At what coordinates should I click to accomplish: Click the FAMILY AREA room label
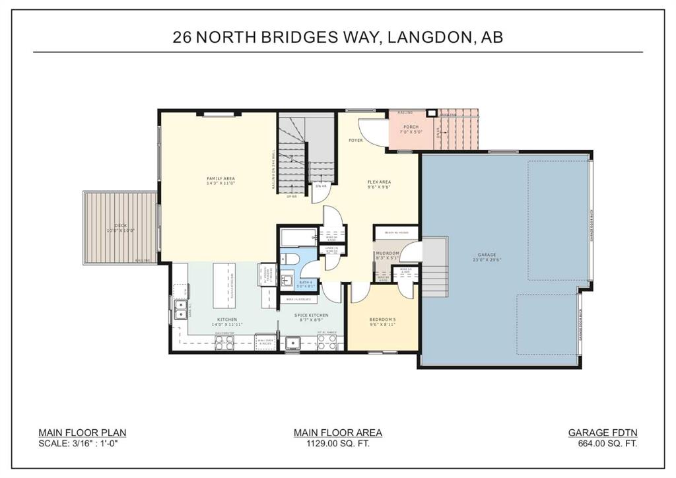click(x=220, y=179)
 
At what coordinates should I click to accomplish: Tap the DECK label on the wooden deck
click(x=120, y=226)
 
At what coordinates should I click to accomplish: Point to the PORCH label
click(x=411, y=127)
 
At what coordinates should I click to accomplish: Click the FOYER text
click(x=356, y=141)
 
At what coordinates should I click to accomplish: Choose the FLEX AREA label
click(x=379, y=182)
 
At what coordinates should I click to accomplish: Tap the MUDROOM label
click(x=388, y=253)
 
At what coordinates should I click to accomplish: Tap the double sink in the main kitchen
click(x=180, y=309)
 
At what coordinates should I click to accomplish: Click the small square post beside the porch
click(x=431, y=113)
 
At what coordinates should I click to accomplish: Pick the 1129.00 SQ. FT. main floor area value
click(x=337, y=444)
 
